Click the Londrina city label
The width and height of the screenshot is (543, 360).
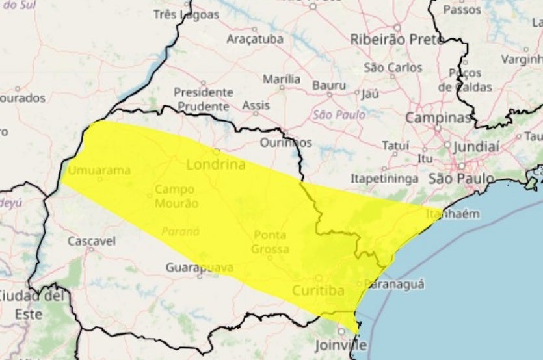tap(216, 164)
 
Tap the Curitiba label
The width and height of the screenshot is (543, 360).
tap(318, 290)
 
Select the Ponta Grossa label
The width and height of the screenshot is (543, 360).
tap(270, 241)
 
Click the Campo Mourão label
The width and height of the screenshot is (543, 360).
tap(176, 198)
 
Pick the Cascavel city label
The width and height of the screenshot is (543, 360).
tap(92, 241)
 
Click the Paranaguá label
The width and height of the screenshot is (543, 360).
tap(394, 283)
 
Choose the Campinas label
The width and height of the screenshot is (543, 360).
tap(438, 118)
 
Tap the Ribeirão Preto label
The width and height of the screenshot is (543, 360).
tap(397, 39)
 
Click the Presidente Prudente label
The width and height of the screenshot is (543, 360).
tap(204, 99)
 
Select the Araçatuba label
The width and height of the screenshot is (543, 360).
tap(255, 39)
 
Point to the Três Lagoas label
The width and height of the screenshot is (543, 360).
tap(186, 14)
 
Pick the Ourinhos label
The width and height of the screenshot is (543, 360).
tap(285, 142)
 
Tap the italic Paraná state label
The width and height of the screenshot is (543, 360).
tap(181, 231)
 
